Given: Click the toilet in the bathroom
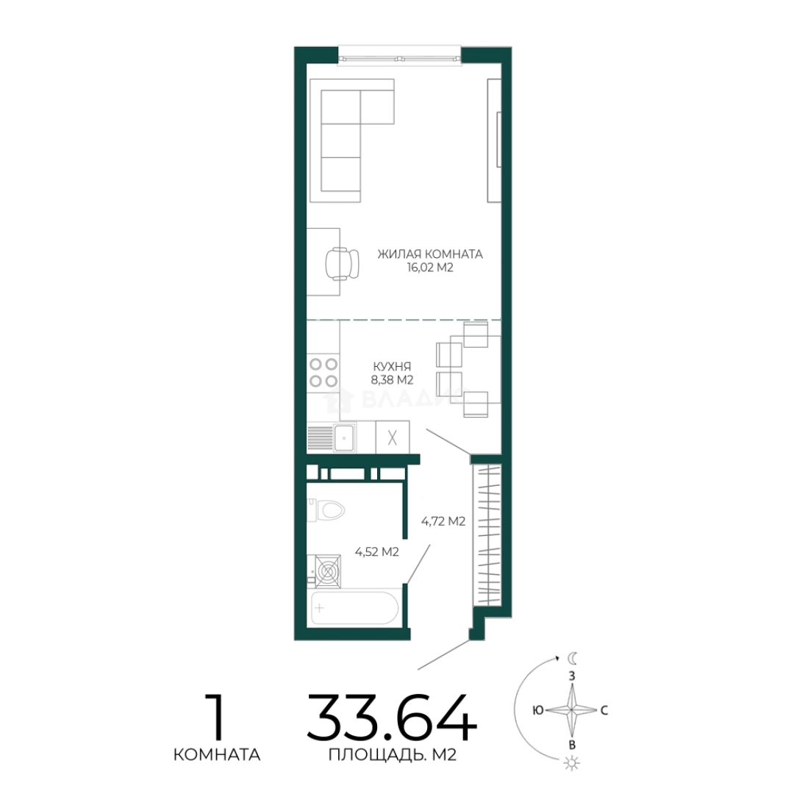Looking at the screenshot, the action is tap(326, 510).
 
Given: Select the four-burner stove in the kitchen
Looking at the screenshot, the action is tap(323, 372).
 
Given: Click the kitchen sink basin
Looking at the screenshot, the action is tap(344, 437).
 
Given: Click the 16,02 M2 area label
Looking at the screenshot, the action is tap(430, 268).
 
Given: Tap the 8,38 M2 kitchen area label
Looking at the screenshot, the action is tap(392, 380).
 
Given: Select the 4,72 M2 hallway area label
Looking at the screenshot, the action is tap(443, 521).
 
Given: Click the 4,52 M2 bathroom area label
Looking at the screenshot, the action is tap(376, 552).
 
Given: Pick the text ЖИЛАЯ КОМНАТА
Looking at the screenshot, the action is tap(430, 254).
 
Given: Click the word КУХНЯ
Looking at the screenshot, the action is tap(392, 366).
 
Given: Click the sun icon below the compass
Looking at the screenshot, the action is tap(572, 762).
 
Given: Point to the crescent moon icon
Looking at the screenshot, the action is tap(572, 658).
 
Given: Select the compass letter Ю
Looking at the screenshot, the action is tap(538, 710).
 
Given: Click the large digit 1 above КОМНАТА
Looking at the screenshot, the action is tap(217, 717).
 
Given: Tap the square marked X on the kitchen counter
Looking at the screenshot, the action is tap(393, 437).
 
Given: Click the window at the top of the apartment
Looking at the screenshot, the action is tap(399, 55).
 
